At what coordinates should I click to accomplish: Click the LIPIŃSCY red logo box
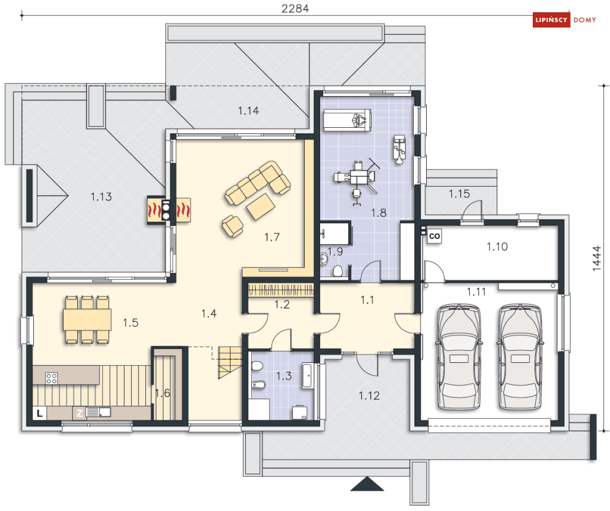pos(551,20)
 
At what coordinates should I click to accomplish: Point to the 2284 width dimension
pos(295,9)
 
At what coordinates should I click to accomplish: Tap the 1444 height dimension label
pos(597,258)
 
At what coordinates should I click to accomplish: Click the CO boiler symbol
pos(434,236)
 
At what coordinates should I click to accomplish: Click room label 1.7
pos(272,237)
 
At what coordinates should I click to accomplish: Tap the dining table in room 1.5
pos(87,319)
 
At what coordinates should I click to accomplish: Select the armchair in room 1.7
pos(232,226)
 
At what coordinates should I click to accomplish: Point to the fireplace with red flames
pos(169,210)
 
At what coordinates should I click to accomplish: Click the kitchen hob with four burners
pos(51,378)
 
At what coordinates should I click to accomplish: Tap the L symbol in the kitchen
pos(40,414)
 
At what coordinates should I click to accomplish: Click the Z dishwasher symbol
pos(79,413)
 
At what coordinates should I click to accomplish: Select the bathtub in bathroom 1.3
pos(308,376)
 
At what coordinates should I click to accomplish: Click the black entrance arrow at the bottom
pos(367,484)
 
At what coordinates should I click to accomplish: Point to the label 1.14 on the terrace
pos(248,111)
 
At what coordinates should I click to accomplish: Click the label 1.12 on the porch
pos(369,396)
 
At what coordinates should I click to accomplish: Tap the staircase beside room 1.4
pos(229,362)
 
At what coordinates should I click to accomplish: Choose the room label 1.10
pos(497,247)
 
